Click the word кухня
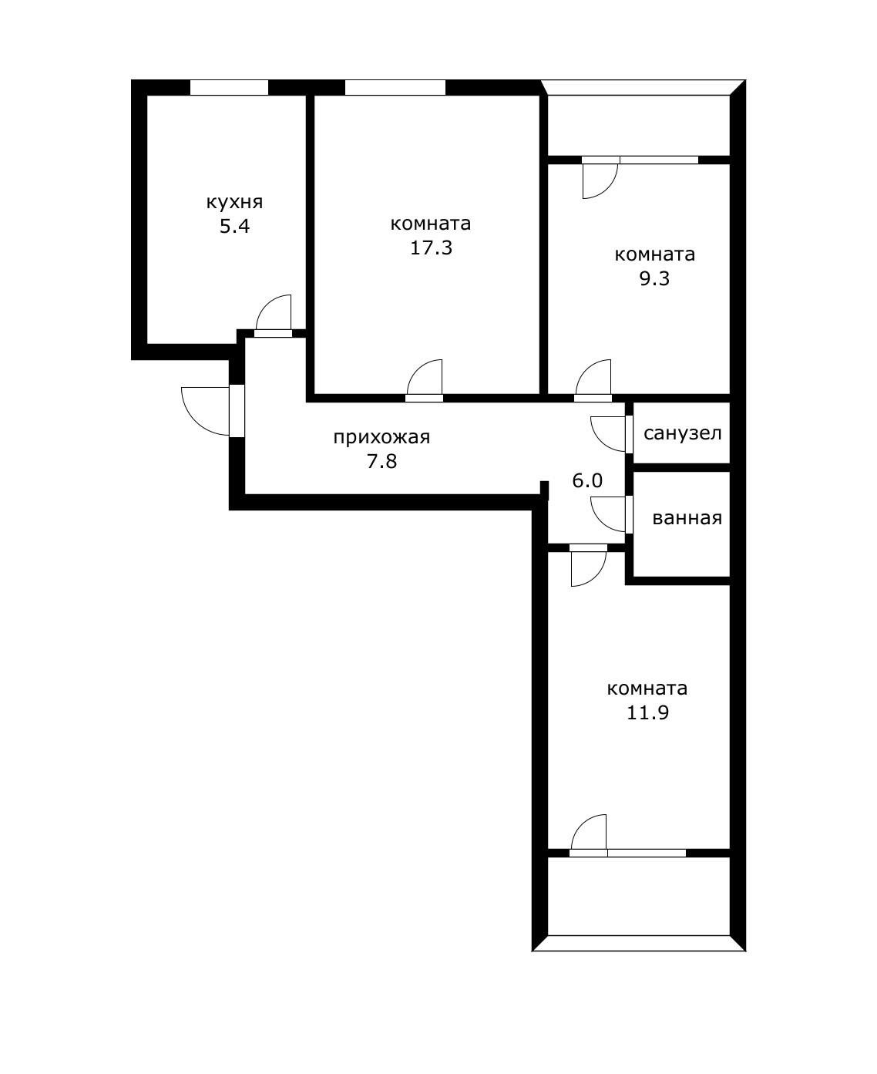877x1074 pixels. click(x=234, y=203)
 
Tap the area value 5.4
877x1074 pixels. click(x=234, y=227)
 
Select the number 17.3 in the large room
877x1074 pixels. click(x=431, y=248)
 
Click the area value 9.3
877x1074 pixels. click(x=654, y=279)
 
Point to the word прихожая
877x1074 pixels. click(x=381, y=438)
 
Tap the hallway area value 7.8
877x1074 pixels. click(x=381, y=462)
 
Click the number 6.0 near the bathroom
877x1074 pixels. click(x=587, y=481)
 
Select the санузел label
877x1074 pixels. click(x=682, y=433)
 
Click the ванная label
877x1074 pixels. click(x=687, y=518)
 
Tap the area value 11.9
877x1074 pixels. click(x=647, y=712)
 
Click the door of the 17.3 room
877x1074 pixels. click(x=425, y=380)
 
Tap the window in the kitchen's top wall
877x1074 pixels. click(x=229, y=87)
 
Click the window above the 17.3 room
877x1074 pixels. click(x=395, y=87)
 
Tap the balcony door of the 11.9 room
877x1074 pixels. click(x=590, y=833)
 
